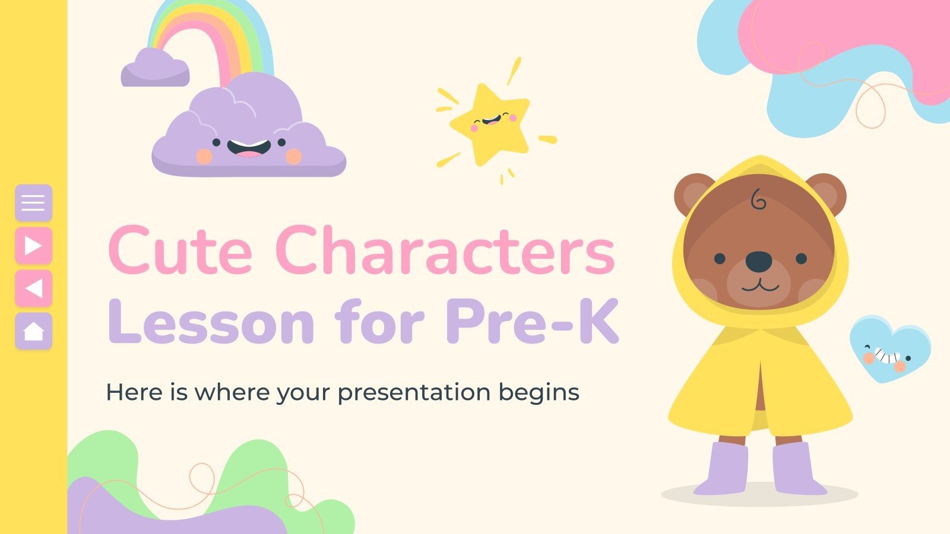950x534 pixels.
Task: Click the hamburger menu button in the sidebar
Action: pos(33,202)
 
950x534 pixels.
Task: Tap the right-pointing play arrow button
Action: pos(33,245)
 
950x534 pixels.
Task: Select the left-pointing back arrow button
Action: pos(33,288)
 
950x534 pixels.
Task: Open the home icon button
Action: pos(33,330)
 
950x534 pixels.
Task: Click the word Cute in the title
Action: pos(180,251)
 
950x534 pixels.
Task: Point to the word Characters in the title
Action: pos(445,251)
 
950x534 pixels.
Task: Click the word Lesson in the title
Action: pos(211,322)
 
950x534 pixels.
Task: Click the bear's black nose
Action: pos(759,260)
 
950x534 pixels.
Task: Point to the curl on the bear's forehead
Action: pos(758,200)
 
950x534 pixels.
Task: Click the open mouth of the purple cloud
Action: pos(249,148)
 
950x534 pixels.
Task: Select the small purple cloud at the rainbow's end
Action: pos(156,68)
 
